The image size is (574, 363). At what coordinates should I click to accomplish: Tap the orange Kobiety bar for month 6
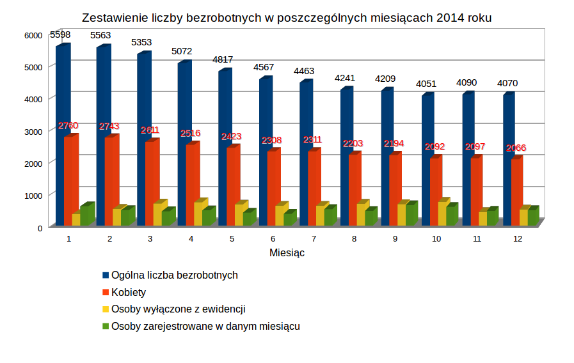point(273,188)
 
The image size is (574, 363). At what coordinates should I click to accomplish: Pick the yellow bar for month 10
point(443,213)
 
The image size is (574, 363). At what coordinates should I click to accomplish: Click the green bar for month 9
point(411,214)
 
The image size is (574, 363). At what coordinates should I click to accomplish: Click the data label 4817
point(223,59)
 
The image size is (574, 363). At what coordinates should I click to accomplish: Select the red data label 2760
point(68,125)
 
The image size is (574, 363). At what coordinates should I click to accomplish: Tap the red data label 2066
point(516,148)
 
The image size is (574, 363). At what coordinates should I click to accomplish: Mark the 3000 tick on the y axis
point(36,131)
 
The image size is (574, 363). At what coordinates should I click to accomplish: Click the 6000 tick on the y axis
point(36,35)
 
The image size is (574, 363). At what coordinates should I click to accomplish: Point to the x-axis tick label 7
point(314,238)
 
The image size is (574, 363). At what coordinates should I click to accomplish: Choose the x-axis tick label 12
point(518,238)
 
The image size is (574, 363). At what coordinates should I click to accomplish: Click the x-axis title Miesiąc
point(287,252)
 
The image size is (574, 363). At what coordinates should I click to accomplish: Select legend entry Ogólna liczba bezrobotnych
point(174,275)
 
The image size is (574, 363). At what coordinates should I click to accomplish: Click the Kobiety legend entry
point(129,292)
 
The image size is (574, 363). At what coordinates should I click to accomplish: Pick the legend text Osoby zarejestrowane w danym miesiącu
point(205,326)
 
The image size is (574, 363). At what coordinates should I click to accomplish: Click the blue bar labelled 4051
point(427,160)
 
